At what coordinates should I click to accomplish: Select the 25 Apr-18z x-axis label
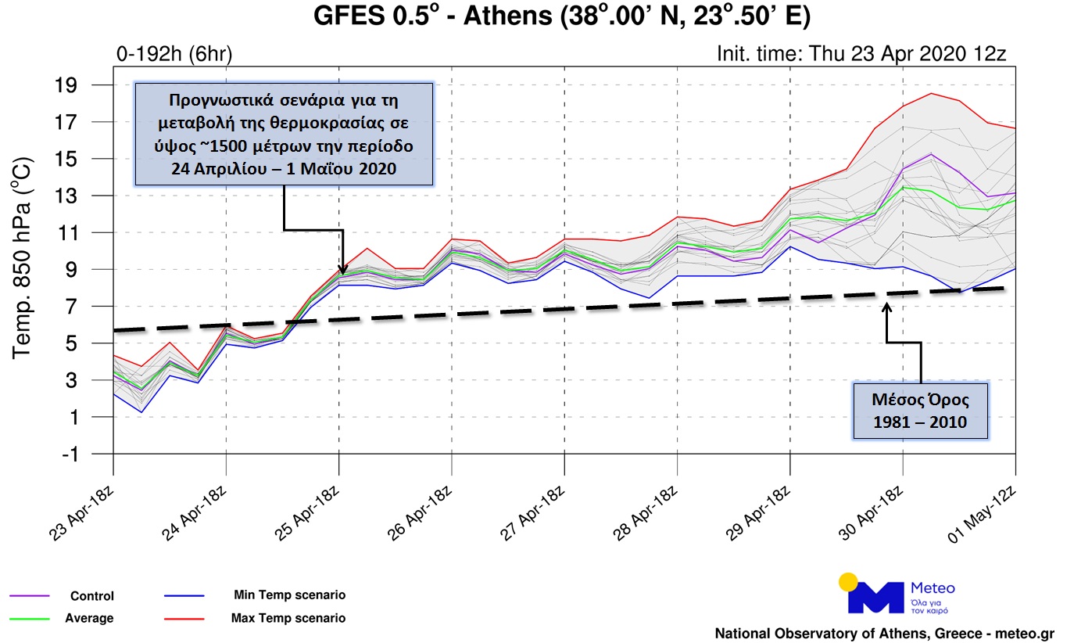(x=310, y=507)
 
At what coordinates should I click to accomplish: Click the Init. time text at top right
(x=861, y=54)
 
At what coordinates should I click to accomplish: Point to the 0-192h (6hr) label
(x=174, y=54)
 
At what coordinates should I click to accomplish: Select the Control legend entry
(x=91, y=596)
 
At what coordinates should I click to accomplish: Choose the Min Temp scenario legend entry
(x=289, y=595)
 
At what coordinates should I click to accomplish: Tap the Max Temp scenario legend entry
(x=288, y=618)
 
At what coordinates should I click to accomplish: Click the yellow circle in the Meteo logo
(x=847, y=581)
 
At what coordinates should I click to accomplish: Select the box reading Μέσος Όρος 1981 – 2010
(x=920, y=411)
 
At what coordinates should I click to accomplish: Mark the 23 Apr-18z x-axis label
(x=84, y=507)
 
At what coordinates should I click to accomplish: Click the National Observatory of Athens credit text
(x=884, y=633)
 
